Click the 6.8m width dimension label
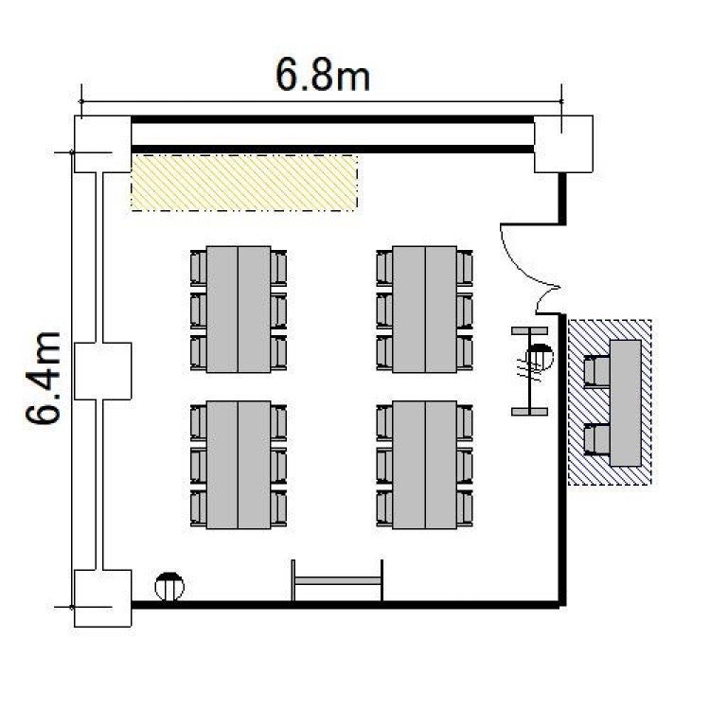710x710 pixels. [x=323, y=76]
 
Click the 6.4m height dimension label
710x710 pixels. [x=43, y=378]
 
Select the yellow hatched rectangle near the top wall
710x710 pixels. [x=244, y=183]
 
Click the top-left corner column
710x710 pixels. [x=102, y=144]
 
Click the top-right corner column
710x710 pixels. [x=563, y=144]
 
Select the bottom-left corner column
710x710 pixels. [x=102, y=598]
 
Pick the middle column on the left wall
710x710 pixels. [x=102, y=371]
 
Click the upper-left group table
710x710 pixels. [x=239, y=310]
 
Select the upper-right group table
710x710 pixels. [x=425, y=310]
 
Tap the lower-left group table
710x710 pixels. [x=239, y=465]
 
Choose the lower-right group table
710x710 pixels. [x=425, y=465]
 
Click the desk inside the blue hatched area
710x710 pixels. [x=626, y=403]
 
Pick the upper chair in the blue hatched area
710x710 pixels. [x=596, y=371]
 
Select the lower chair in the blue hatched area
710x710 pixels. [x=596, y=439]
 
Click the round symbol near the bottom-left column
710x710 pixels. [x=169, y=587]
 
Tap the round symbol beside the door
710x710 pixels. [x=539, y=357]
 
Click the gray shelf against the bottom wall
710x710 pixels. [x=337, y=581]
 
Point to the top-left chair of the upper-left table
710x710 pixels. [x=199, y=268]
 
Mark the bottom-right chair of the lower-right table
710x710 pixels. [x=465, y=508]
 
